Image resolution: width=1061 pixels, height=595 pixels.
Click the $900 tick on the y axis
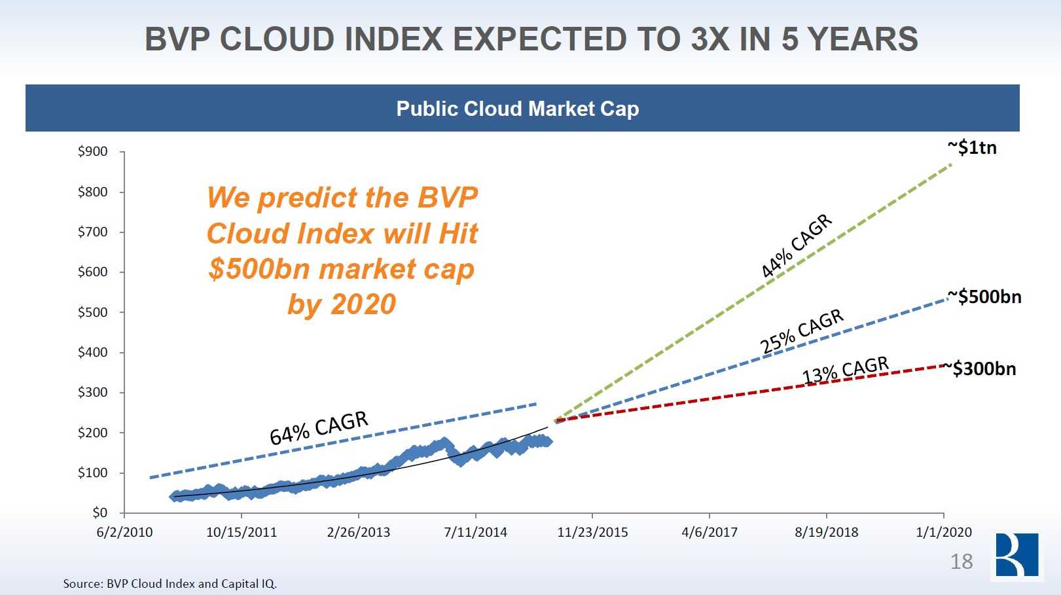pyautogui.click(x=93, y=152)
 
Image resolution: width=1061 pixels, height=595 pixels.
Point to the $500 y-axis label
pyautogui.click(x=93, y=312)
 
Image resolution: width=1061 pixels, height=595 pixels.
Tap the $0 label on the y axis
pyautogui.click(x=99, y=513)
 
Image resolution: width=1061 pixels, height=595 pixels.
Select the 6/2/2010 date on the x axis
pyautogui.click(x=124, y=532)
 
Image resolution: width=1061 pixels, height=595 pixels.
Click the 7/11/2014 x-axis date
pyautogui.click(x=475, y=532)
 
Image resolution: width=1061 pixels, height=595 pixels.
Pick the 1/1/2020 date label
pyautogui.click(x=943, y=532)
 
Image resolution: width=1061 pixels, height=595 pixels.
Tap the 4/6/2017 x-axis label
pyautogui.click(x=709, y=532)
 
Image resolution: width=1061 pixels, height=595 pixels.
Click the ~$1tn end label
pyautogui.click(x=972, y=148)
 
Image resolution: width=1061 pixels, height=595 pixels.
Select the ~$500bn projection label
pyautogui.click(x=984, y=297)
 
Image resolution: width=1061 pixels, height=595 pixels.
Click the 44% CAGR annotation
pyautogui.click(x=796, y=246)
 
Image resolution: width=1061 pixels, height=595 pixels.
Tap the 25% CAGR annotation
pyautogui.click(x=802, y=331)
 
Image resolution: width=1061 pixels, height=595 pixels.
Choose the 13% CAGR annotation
pyautogui.click(x=846, y=370)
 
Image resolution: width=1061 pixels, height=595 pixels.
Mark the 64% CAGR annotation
pyautogui.click(x=319, y=427)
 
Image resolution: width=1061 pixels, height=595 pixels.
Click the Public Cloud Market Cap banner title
pyautogui.click(x=517, y=109)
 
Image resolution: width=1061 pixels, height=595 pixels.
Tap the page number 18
pyautogui.click(x=961, y=562)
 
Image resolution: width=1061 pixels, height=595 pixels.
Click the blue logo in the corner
pyautogui.click(x=1016, y=555)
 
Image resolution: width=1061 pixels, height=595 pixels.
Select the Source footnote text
pyautogui.click(x=170, y=583)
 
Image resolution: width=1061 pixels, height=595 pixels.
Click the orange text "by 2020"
pyautogui.click(x=342, y=304)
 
